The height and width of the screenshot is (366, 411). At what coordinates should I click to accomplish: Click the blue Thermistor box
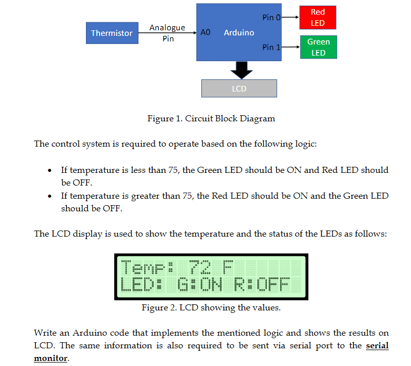coord(112,33)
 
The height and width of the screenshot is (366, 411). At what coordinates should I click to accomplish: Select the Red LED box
coord(317,18)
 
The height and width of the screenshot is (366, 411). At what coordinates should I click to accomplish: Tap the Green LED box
coord(318,47)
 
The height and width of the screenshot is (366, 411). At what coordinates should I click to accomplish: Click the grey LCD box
coord(239,88)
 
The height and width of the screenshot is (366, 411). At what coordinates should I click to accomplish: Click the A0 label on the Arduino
coord(205,32)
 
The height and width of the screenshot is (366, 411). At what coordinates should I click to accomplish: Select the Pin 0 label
coord(271,18)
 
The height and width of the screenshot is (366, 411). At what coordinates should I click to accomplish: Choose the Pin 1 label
coord(271,47)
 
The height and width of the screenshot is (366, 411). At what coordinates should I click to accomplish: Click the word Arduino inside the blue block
coord(239,32)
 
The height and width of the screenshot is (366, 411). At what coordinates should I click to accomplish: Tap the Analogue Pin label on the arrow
coord(167,33)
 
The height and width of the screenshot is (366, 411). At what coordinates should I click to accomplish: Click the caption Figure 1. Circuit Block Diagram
coord(211,119)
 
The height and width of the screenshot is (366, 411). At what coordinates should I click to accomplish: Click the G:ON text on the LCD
coord(200,285)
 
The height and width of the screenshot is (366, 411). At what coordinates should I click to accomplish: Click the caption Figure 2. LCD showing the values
coord(211,307)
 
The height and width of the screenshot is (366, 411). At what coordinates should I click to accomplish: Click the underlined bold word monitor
coord(51,358)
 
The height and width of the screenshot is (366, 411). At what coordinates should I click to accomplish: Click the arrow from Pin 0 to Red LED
coord(290,18)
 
